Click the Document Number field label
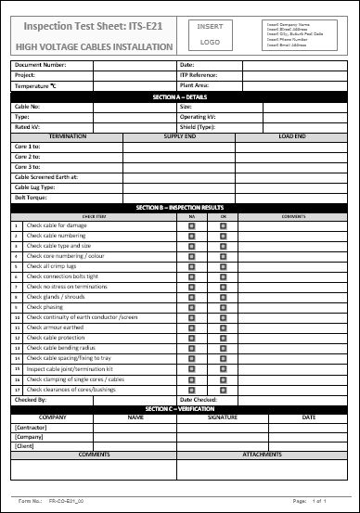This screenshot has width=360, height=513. (40, 65)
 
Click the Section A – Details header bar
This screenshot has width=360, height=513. (179, 96)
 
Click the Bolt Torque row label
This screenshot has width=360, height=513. (32, 197)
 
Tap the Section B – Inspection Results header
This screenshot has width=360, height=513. (179, 207)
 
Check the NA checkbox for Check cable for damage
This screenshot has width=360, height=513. (191, 225)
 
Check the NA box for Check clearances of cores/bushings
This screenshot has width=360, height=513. (191, 389)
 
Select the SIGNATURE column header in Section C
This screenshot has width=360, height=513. (223, 417)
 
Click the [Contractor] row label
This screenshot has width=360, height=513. (32, 427)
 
